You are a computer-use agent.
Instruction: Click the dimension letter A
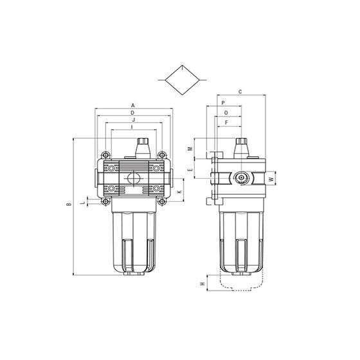(133, 105)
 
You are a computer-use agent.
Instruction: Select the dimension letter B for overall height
(69, 204)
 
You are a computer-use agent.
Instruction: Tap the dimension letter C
(240, 92)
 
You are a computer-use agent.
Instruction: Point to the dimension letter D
(132, 113)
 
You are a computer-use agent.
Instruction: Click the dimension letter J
(134, 120)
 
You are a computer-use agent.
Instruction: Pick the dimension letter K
(179, 192)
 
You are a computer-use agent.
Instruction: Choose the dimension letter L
(84, 203)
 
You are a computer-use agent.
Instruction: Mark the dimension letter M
(190, 148)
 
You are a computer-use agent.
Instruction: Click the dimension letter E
(190, 170)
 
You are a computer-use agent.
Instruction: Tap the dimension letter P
(223, 103)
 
